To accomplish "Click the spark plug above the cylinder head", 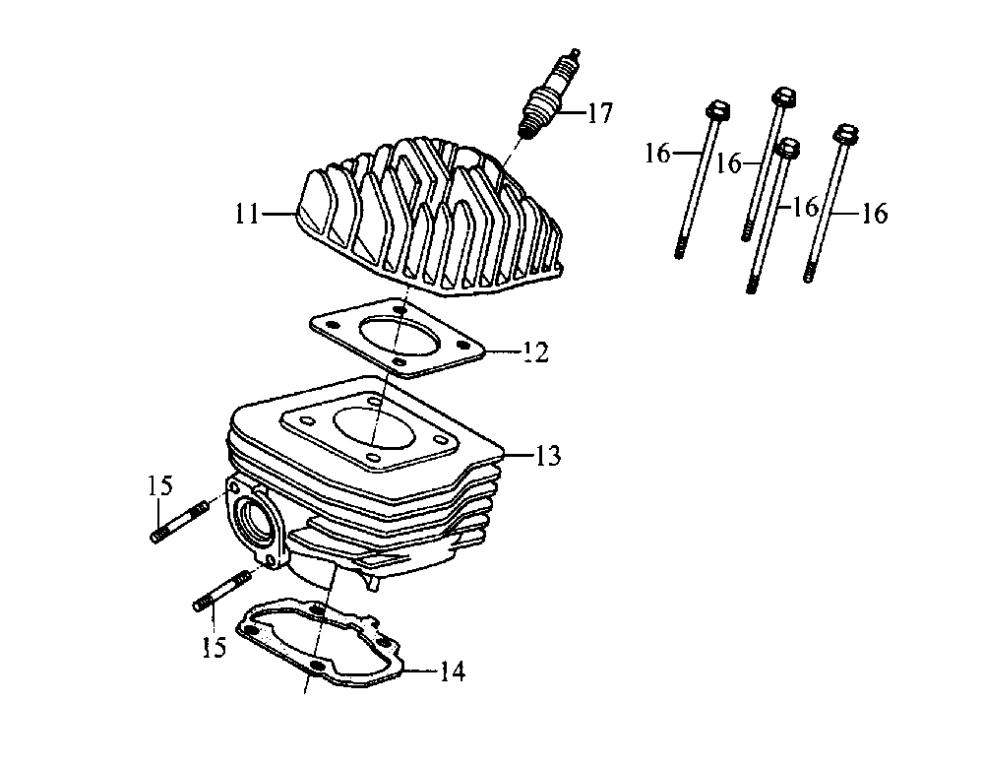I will point(546,98).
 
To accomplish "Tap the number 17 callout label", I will point(598,113).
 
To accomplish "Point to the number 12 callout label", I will point(535,351).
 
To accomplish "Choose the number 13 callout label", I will point(547,456).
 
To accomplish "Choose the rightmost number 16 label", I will point(875,214).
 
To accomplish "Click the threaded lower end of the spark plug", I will point(528,126).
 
